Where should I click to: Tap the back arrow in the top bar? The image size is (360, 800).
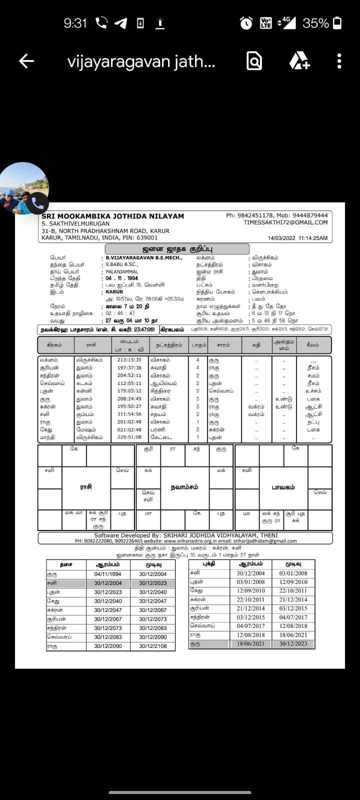tap(26, 61)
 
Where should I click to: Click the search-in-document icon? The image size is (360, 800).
tap(254, 61)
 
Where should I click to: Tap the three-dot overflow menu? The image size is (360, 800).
tap(339, 61)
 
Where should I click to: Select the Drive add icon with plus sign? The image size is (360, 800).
tap(299, 61)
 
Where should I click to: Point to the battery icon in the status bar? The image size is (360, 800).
tap(338, 23)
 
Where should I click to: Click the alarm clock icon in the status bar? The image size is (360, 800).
tap(246, 23)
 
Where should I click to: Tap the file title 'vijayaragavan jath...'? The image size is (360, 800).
tap(141, 62)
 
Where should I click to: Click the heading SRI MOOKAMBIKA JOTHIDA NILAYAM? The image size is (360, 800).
tap(113, 216)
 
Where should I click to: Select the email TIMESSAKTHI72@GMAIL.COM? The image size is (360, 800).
tap(285, 222)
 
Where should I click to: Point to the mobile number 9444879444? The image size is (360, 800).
tap(309, 215)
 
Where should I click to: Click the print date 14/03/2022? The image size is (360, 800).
tap(282, 238)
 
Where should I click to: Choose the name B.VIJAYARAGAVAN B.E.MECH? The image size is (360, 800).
tap(144, 258)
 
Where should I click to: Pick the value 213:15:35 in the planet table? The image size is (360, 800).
tap(129, 360)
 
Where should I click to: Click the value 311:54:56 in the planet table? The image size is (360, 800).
tap(129, 414)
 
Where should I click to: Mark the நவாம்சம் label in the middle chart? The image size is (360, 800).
tap(184, 487)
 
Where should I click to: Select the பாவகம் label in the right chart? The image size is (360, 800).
tap(283, 487)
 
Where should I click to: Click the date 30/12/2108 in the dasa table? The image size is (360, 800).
tap(153, 646)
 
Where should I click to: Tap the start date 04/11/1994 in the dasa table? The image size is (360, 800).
tap(108, 574)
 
